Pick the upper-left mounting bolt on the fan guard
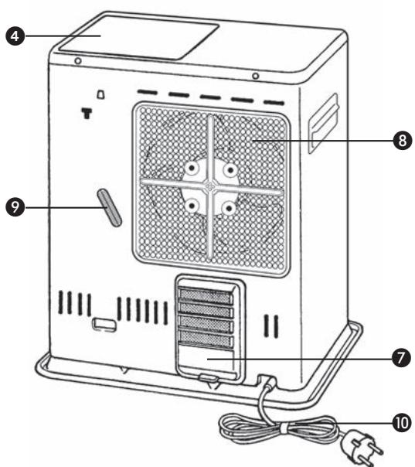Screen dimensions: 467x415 pyautogui.click(x=190, y=167)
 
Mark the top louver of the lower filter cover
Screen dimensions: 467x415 pyautogui.click(x=205, y=296)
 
